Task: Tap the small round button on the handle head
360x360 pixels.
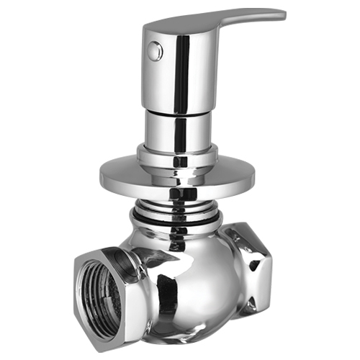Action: (x=153, y=50)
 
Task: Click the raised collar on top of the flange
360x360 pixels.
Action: (x=177, y=154)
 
